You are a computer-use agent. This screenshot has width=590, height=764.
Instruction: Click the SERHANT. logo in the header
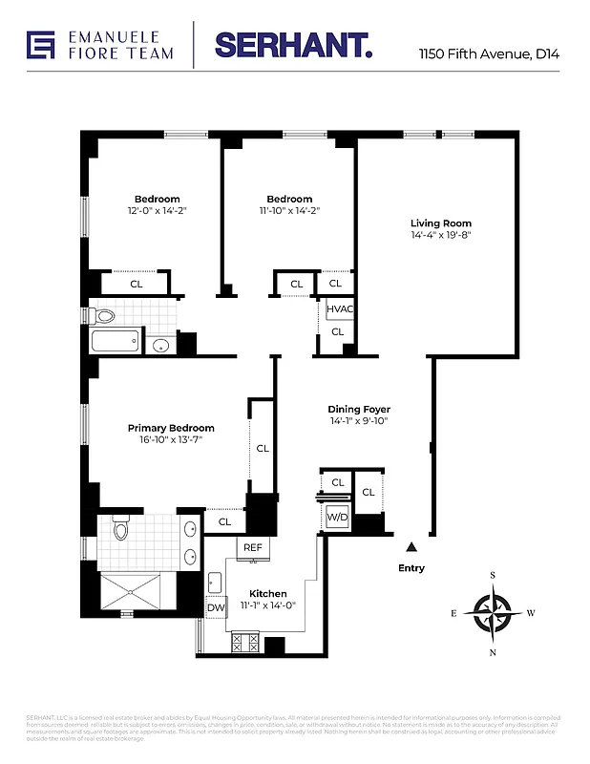click(x=292, y=44)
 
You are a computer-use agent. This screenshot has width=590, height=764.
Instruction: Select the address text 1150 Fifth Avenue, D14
click(x=489, y=54)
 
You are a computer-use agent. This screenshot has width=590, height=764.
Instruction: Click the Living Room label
click(x=441, y=223)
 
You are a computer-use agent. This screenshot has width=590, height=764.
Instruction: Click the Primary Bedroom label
click(x=171, y=428)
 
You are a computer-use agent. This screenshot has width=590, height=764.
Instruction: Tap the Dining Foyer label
click(x=359, y=409)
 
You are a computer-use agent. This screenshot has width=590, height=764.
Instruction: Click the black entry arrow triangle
click(x=411, y=547)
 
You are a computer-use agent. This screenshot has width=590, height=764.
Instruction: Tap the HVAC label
click(x=339, y=309)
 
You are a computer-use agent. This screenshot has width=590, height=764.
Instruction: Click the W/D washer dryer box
click(x=338, y=517)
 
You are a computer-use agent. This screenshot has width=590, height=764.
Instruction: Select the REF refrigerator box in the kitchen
click(x=253, y=547)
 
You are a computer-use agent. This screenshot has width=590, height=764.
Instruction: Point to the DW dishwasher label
click(x=215, y=607)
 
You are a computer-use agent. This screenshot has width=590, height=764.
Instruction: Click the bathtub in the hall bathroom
click(x=115, y=344)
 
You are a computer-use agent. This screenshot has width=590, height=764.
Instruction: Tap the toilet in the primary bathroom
click(x=120, y=528)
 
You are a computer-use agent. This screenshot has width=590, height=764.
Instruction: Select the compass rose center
click(x=493, y=613)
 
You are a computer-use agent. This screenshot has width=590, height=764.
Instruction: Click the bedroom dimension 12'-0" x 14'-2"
click(x=157, y=211)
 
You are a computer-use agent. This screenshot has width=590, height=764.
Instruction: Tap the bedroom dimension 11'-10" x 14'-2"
click(x=289, y=211)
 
